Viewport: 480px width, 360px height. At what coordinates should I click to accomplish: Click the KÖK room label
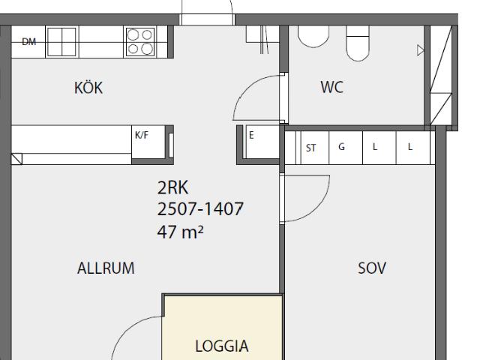click(x=88, y=88)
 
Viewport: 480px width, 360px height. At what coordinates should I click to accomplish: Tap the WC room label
click(x=332, y=87)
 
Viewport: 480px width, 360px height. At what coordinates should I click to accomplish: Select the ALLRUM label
click(x=106, y=268)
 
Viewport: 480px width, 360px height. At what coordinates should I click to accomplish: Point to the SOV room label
click(x=372, y=268)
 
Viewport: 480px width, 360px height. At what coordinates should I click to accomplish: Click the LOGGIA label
click(x=222, y=346)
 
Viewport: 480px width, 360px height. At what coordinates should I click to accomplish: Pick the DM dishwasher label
click(x=29, y=42)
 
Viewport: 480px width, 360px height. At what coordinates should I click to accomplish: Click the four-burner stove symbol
click(x=140, y=42)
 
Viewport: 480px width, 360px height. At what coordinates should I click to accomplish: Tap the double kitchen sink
click(x=61, y=42)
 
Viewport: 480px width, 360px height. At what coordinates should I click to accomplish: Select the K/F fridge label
click(x=142, y=135)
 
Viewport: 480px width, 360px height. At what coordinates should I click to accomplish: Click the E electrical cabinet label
click(x=252, y=135)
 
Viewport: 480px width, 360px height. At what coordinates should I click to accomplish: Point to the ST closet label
click(x=310, y=148)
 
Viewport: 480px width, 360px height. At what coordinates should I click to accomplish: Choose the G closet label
click(x=342, y=147)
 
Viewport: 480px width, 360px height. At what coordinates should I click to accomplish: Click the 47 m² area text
click(x=180, y=232)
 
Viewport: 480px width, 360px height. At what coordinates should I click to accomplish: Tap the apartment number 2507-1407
click(x=200, y=208)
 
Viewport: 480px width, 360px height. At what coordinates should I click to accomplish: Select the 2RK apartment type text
click(x=172, y=187)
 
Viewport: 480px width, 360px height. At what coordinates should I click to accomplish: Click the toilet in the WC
click(x=358, y=43)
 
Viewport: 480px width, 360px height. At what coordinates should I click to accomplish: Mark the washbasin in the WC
click(x=313, y=36)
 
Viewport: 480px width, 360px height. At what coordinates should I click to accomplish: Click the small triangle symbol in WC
click(x=421, y=50)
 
